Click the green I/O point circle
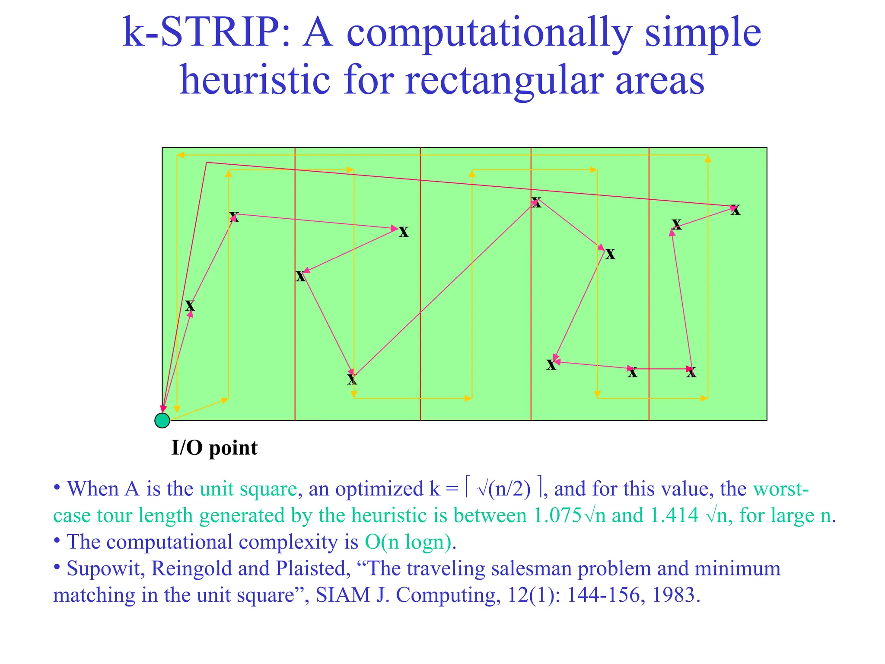[x=162, y=420]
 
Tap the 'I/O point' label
[x=214, y=448]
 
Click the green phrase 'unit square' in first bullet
[x=248, y=489]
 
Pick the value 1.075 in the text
[x=557, y=515]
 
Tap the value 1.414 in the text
[x=674, y=515]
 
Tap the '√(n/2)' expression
[x=503, y=489]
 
